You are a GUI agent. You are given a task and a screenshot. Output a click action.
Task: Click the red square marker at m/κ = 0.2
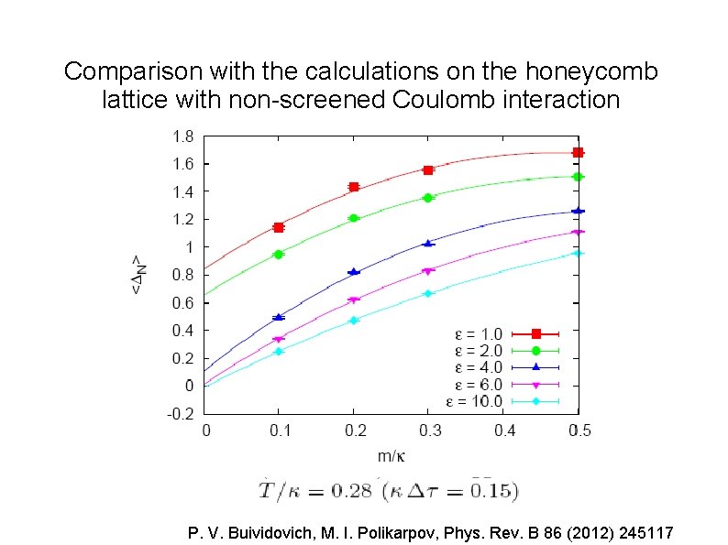[x=354, y=187]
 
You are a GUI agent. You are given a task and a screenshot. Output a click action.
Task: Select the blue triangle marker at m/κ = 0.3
[x=428, y=243]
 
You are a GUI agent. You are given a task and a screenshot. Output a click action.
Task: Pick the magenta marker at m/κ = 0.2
[x=354, y=300]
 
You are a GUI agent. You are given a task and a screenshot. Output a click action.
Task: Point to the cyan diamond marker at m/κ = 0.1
[x=279, y=351]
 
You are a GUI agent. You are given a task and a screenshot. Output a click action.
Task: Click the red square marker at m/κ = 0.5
[x=578, y=152]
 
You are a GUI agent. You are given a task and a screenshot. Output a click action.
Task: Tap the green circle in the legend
[x=535, y=350]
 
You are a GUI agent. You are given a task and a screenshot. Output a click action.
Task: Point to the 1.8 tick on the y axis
[x=182, y=136]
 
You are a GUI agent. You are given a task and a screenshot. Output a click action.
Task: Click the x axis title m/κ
[x=390, y=455]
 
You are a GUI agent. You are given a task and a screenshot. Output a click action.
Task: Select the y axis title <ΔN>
[x=137, y=274]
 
